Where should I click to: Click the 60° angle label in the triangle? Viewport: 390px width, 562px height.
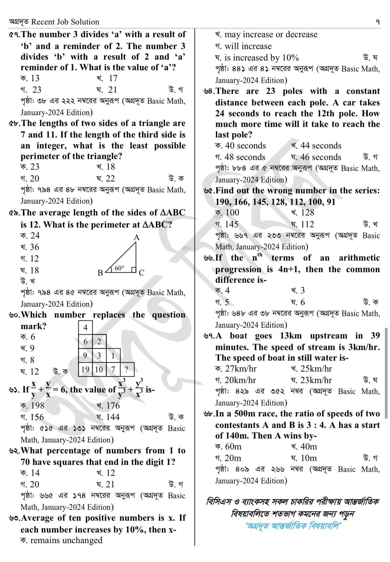click(x=119, y=268)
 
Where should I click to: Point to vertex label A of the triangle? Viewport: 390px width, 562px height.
click(x=136, y=237)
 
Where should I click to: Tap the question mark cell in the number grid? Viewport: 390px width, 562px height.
click(x=126, y=369)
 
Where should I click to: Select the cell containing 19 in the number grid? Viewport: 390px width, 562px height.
click(x=85, y=369)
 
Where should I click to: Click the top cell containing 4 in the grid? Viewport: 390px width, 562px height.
click(x=85, y=327)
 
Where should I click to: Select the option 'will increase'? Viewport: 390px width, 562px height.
click(x=248, y=46)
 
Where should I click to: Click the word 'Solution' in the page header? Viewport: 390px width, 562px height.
click(x=84, y=22)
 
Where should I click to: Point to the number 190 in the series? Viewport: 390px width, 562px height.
click(x=223, y=202)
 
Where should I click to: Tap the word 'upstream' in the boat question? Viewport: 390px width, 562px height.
click(x=328, y=336)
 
